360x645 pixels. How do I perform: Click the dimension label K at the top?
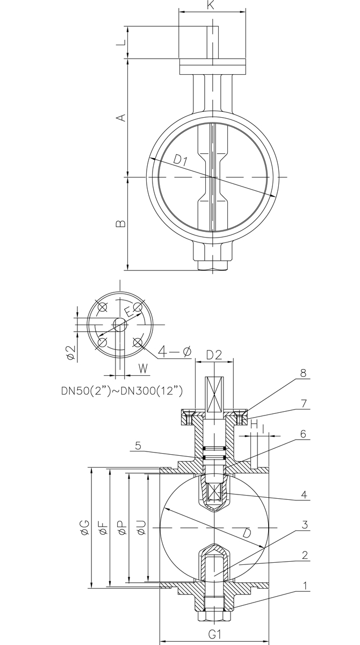point(211,5)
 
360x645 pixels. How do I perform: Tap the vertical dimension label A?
point(121,118)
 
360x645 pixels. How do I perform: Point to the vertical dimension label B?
point(120,224)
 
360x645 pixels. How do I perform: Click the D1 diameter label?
point(181,160)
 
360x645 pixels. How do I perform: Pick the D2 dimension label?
point(214,355)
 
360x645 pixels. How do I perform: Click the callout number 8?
point(303,373)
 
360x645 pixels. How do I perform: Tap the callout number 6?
point(303,434)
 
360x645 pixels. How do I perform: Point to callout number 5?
point(138,446)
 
